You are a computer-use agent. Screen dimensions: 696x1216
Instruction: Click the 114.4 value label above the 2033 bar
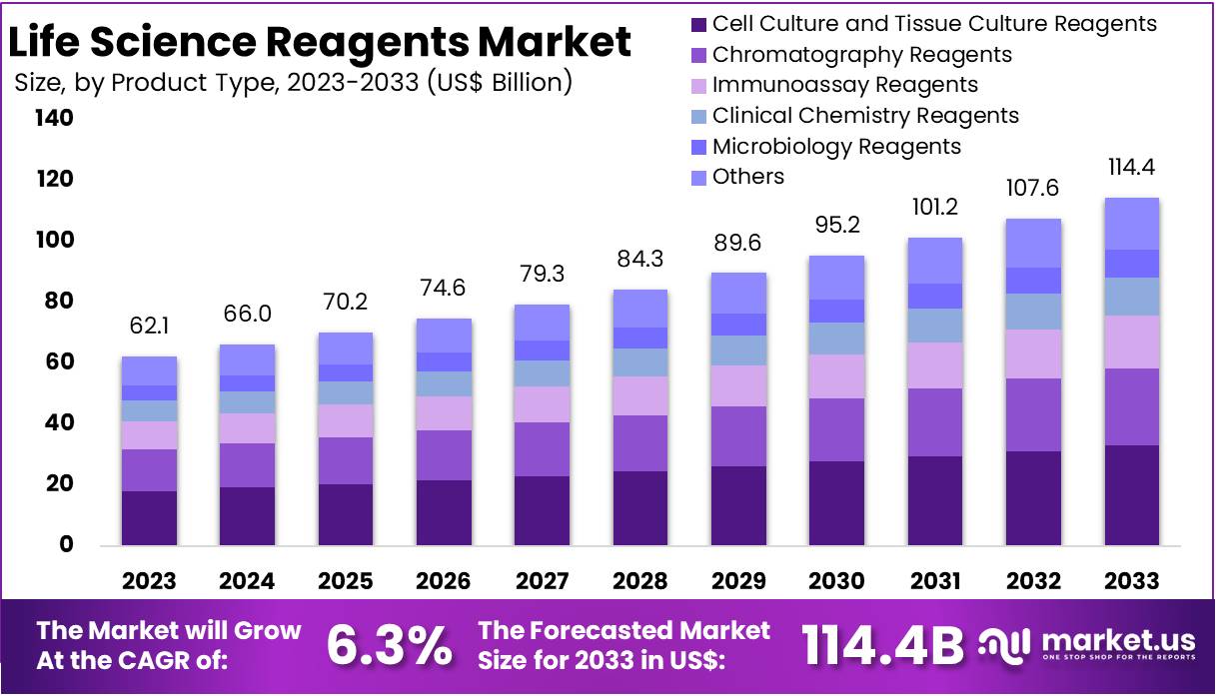tap(1132, 167)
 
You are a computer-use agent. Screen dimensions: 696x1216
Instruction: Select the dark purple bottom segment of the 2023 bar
tap(149, 517)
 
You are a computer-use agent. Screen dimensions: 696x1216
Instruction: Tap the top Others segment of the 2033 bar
tap(1132, 223)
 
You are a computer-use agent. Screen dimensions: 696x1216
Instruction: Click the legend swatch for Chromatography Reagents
tap(698, 55)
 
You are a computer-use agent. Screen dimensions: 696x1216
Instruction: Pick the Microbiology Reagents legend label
tap(836, 147)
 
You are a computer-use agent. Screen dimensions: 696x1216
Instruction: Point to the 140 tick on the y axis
tap(54, 118)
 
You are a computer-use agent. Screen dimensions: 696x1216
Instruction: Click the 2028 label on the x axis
tap(640, 581)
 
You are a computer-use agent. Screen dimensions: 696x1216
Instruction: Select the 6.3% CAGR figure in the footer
tap(389, 645)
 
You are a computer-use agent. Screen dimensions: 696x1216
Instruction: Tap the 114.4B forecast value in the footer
tap(883, 645)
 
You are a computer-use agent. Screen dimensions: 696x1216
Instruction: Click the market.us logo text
tap(1115, 639)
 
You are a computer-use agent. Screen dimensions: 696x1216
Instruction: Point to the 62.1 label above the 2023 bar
tap(149, 327)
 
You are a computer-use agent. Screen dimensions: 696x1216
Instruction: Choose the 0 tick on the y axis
tap(67, 544)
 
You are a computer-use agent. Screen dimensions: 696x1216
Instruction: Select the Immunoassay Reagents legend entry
tap(845, 85)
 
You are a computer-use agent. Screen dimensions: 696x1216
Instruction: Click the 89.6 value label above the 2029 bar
tap(738, 243)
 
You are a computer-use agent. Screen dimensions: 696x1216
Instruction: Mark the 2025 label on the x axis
tap(346, 581)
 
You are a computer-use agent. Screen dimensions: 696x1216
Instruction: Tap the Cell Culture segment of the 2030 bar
tap(837, 502)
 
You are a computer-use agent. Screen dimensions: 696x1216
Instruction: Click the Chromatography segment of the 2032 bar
tap(1034, 414)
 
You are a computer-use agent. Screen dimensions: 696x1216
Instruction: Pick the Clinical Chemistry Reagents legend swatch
tap(698, 116)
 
